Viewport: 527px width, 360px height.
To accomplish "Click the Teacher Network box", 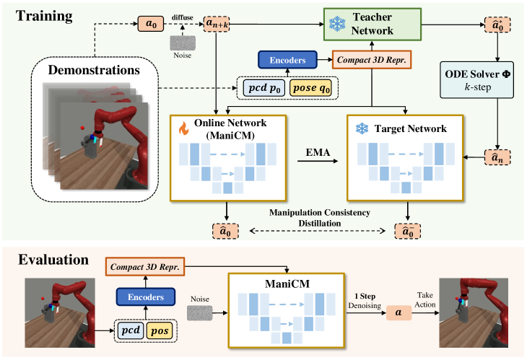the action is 372,25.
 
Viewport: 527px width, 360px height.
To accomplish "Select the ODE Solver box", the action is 477,80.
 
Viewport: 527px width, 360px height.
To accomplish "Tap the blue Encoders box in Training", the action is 287,60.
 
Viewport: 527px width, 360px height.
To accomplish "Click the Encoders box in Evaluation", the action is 146,297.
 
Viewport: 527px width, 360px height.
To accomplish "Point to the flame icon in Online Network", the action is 183,128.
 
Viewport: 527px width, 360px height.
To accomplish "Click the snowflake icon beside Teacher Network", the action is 337,25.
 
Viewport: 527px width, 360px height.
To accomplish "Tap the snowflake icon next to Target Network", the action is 362,128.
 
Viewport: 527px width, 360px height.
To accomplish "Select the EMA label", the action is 318,152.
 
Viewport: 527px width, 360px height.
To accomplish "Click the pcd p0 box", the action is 264,88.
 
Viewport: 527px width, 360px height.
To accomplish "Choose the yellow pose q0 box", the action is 310,88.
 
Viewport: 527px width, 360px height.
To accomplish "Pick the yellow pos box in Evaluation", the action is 160,331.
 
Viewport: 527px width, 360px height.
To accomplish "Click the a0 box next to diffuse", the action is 151,24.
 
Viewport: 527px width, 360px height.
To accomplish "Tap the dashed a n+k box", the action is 217,24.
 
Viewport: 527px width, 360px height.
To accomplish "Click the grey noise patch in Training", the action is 183,43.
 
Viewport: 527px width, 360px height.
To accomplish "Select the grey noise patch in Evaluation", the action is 200,312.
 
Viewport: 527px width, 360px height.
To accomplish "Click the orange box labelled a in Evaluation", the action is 398,312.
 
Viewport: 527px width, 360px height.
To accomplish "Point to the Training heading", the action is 44,16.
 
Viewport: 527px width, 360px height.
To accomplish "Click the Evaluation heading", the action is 53,260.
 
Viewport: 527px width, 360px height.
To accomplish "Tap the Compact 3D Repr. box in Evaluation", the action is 145,267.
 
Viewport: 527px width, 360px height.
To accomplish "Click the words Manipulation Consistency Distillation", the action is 320,218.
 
